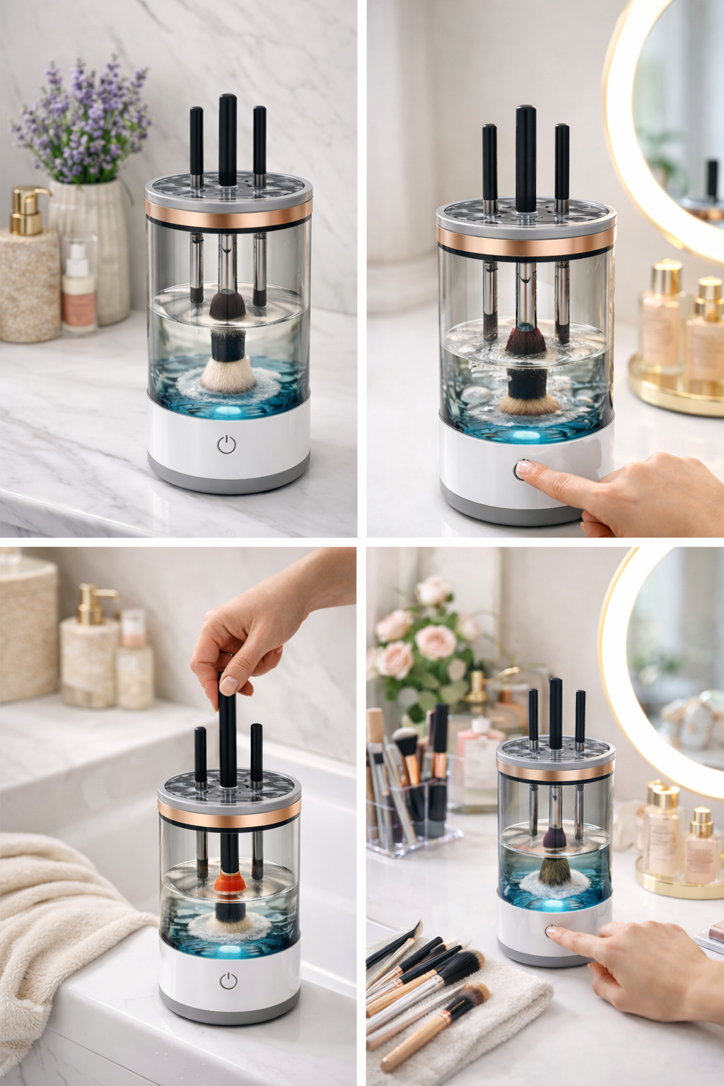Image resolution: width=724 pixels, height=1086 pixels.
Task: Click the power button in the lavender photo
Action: pyautogui.click(x=226, y=445)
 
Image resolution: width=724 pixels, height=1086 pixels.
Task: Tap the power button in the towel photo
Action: pyautogui.click(x=228, y=981)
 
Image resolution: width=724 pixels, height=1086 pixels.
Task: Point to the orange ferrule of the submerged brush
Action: pyautogui.click(x=229, y=883)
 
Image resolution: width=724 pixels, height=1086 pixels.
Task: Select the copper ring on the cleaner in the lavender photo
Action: pyautogui.click(x=228, y=213)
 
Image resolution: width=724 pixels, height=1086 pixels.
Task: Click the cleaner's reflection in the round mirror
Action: pyautogui.click(x=708, y=187)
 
